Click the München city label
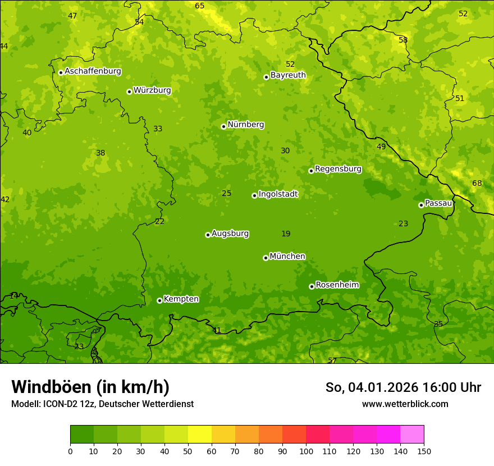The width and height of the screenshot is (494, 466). [x=287, y=257]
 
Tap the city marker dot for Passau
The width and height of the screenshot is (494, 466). [x=421, y=205]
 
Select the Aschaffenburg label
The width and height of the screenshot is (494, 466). [x=93, y=71]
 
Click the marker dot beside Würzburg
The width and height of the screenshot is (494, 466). [x=129, y=92]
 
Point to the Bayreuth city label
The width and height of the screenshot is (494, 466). [x=288, y=75]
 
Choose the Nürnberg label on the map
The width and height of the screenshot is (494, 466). [x=246, y=125]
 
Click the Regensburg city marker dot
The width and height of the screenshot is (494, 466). [x=311, y=171]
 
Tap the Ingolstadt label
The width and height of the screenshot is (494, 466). [x=278, y=194]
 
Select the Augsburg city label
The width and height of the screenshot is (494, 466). [x=230, y=234]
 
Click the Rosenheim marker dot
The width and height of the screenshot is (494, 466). [x=312, y=286]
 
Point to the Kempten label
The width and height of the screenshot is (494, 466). [x=181, y=299]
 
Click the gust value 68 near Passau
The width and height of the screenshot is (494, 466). [x=477, y=184]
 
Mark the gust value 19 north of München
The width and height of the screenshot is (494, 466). [x=286, y=234]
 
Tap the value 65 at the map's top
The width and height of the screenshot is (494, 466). [x=200, y=6]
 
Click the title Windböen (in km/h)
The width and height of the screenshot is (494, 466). [x=90, y=387]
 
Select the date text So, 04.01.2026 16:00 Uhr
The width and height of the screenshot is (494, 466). [x=403, y=387]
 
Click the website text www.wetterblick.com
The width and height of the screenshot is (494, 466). [x=405, y=404]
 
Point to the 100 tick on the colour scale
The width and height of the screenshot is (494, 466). [x=306, y=451]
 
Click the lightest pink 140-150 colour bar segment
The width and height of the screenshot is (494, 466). [x=412, y=435]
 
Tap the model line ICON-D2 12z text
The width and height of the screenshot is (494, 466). [x=102, y=404]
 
